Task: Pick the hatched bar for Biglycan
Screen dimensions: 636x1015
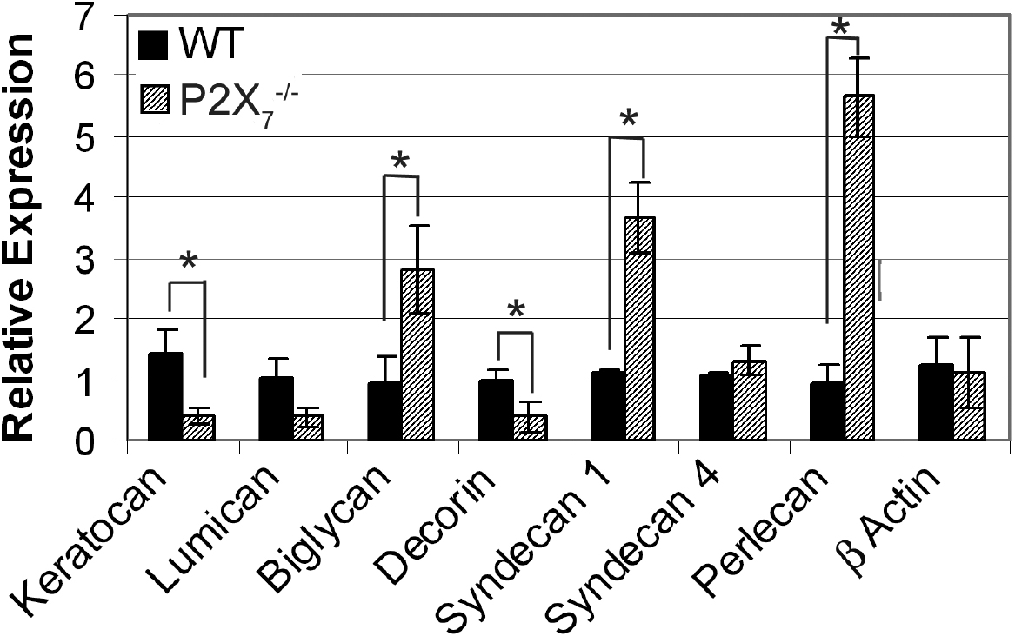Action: [417, 355]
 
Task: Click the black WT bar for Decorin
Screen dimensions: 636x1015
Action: [497, 410]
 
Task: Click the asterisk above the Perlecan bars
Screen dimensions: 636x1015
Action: [840, 26]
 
